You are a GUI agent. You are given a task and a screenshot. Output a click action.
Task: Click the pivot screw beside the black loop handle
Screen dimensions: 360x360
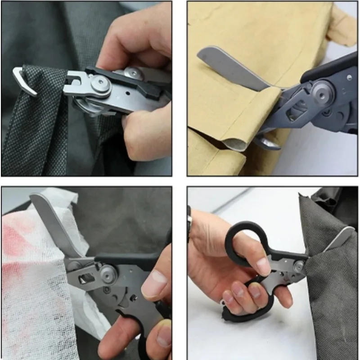pyautogui.click(x=298, y=266)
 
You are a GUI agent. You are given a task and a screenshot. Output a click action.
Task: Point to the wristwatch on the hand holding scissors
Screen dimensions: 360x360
pyautogui.click(x=190, y=220)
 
